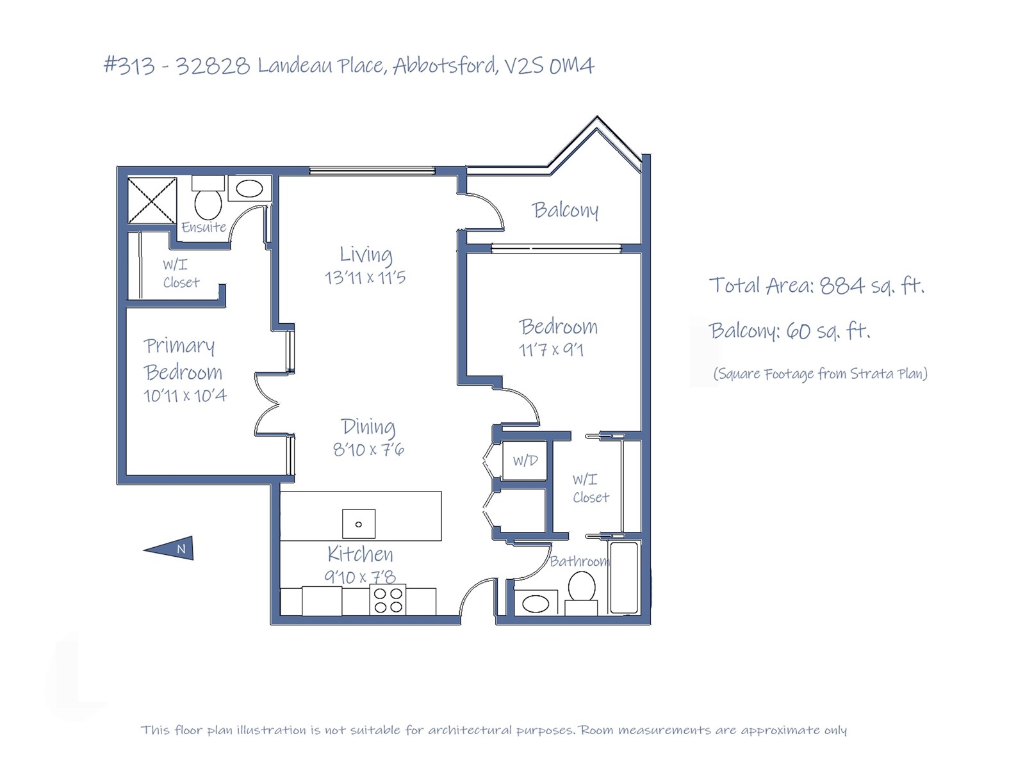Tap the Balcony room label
pyautogui.click(x=564, y=211)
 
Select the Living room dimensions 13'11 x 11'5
pyautogui.click(x=365, y=278)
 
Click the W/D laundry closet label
pyautogui.click(x=525, y=461)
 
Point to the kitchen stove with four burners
pyautogui.click(x=388, y=600)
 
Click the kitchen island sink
pyautogui.click(x=359, y=524)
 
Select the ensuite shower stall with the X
pyautogui.click(x=152, y=200)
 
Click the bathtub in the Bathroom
pyautogui.click(x=624, y=577)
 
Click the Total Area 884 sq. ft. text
pyautogui.click(x=817, y=285)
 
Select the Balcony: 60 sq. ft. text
pyautogui.click(x=790, y=331)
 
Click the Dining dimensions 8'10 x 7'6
pyautogui.click(x=368, y=450)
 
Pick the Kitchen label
pyautogui.click(x=360, y=554)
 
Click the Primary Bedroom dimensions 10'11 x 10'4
pyautogui.click(x=185, y=396)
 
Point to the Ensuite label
pyautogui.click(x=204, y=227)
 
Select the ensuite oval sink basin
pyautogui.click(x=249, y=189)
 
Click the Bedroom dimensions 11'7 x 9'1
pyautogui.click(x=551, y=350)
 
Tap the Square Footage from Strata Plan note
pyautogui.click(x=821, y=374)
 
